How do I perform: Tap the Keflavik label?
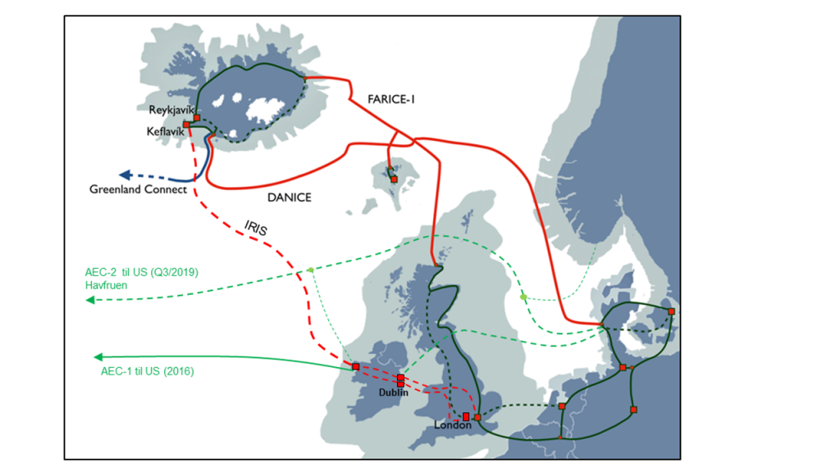[166, 129]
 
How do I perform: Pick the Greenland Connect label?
[138, 190]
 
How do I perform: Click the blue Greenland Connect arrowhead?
[125, 175]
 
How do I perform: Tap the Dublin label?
[394, 393]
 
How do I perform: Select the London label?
[453, 426]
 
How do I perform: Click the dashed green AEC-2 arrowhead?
[89, 301]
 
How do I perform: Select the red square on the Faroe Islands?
[394, 179]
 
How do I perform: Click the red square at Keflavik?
[187, 125]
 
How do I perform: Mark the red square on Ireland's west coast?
[355, 366]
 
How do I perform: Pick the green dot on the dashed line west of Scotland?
[310, 270]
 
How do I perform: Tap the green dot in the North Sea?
[523, 297]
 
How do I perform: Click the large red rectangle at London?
[466, 416]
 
